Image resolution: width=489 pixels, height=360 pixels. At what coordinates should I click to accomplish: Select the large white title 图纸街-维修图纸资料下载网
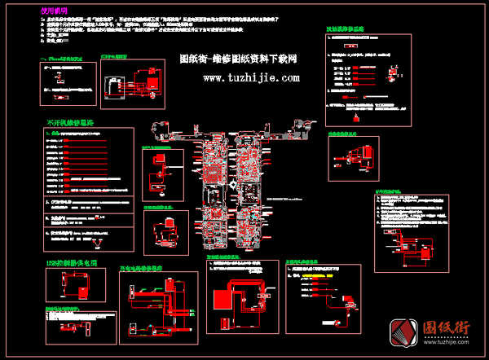(238, 59)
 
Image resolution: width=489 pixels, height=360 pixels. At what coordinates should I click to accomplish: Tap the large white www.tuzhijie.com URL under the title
(251, 78)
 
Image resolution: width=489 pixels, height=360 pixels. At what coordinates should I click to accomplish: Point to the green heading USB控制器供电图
(72, 264)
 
